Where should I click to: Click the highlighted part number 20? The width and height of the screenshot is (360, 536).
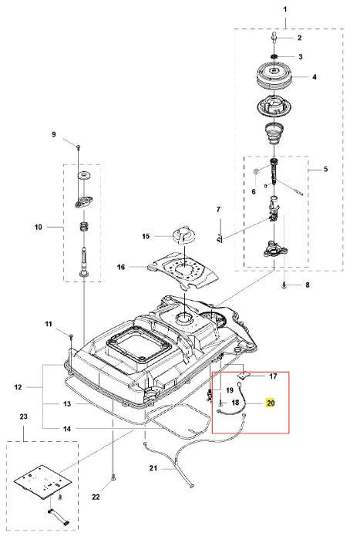point(271,403)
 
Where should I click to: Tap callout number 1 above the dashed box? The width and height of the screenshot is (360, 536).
point(285,9)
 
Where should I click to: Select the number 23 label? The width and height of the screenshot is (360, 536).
point(24,416)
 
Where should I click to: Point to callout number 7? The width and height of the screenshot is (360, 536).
point(219,210)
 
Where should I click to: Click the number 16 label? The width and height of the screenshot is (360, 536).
point(121,267)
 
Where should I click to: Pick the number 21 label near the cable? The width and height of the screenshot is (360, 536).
point(153,468)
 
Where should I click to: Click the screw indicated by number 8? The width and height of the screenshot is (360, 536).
point(284,286)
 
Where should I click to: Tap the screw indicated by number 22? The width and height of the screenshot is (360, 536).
point(113,479)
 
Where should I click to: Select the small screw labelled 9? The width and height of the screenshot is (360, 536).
point(78,147)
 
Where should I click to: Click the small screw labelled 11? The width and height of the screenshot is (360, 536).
point(71,336)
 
